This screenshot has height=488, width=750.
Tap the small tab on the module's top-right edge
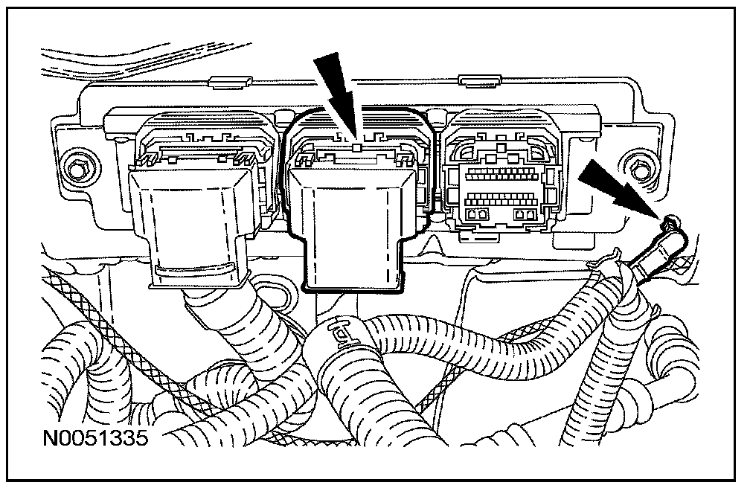[x=470, y=80]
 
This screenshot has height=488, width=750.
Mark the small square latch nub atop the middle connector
[x=359, y=148]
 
